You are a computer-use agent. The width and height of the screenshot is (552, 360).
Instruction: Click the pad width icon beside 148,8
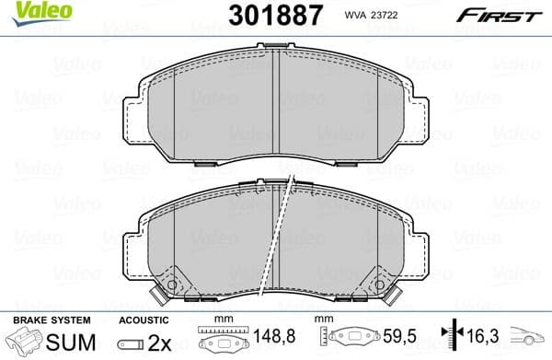coord(221,338)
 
